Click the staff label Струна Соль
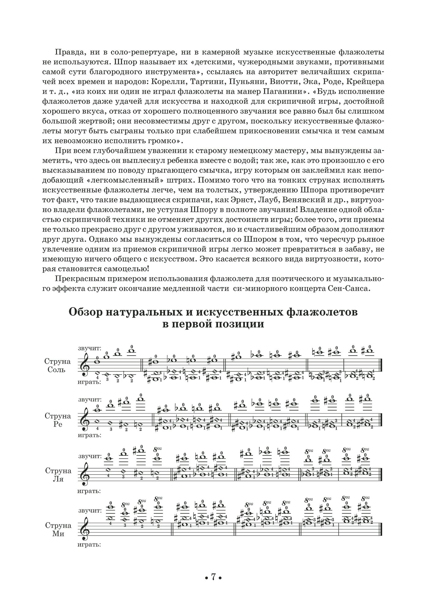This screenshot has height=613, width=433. pyautogui.click(x=57, y=365)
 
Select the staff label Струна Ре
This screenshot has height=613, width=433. pyautogui.click(x=57, y=420)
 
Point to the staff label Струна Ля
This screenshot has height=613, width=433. pyautogui.click(x=57, y=474)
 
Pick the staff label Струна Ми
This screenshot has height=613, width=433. pyautogui.click(x=57, y=529)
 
